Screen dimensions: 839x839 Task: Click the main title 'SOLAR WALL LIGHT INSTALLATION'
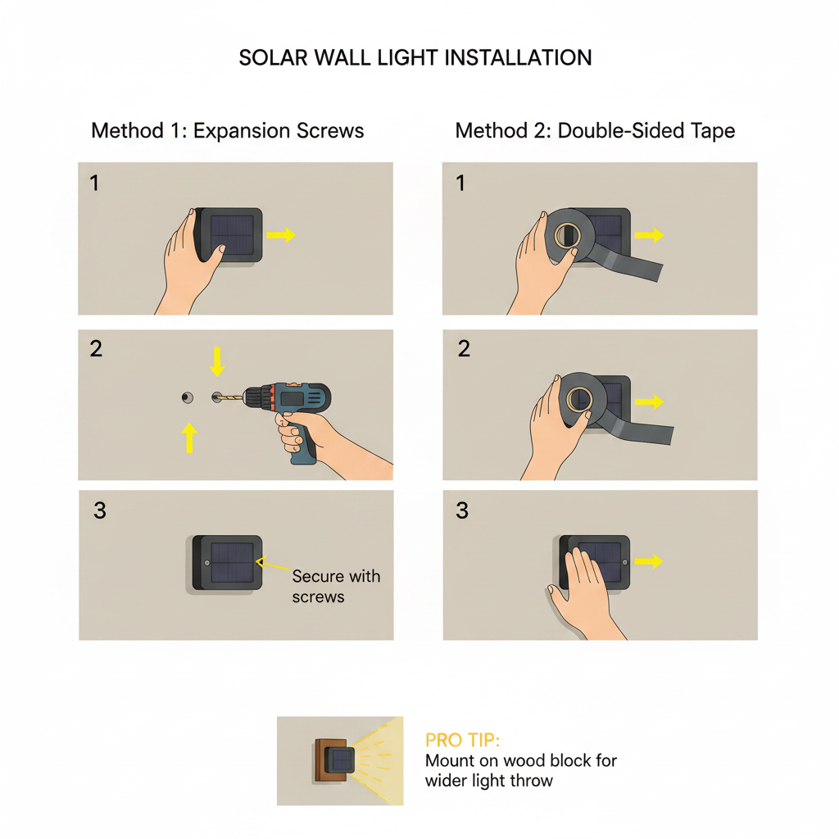[x=415, y=58]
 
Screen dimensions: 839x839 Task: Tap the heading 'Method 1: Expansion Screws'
[x=228, y=130]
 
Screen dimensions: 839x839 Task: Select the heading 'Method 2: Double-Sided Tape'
[x=595, y=130]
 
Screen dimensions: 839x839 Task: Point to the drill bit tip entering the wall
[x=216, y=397]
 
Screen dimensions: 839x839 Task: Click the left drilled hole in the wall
[x=188, y=397]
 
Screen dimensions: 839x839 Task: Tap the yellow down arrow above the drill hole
[x=216, y=361]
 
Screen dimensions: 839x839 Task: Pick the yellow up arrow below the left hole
[x=189, y=438]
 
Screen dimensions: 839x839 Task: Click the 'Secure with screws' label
[x=336, y=587]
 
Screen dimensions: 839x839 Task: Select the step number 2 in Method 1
[x=97, y=349]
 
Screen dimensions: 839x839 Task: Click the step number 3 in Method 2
[x=462, y=510]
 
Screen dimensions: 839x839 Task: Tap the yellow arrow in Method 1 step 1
[x=281, y=234]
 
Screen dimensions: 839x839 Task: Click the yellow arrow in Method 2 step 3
[x=649, y=560]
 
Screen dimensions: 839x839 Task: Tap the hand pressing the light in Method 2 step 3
[x=584, y=594]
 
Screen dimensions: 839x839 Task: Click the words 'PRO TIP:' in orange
[x=462, y=740]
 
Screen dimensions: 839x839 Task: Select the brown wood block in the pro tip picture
[x=328, y=760]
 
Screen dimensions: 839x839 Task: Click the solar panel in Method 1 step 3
[x=232, y=562]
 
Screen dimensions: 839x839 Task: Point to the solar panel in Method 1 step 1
[x=232, y=235]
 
